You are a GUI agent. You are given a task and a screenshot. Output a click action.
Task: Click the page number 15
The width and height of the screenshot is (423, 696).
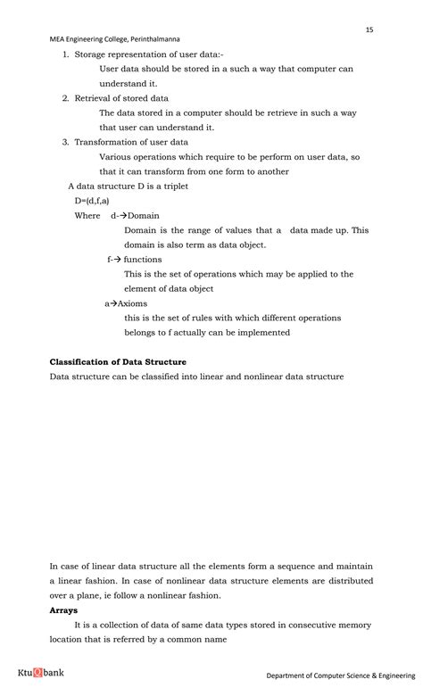(369, 29)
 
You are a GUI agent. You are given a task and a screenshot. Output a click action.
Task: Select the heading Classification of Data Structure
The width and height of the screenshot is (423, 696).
(118, 361)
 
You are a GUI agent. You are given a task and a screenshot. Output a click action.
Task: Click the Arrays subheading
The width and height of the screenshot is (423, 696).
(63, 610)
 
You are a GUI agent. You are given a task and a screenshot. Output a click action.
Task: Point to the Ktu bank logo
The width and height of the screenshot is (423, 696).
(41, 672)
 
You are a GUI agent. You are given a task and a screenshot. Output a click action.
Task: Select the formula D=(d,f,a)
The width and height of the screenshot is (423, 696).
(92, 201)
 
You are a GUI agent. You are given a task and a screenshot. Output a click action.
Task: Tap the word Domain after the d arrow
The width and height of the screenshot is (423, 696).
(144, 215)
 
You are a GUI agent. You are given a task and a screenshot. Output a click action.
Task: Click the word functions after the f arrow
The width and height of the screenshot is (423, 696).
(143, 260)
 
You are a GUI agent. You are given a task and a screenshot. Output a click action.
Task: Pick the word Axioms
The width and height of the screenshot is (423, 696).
(133, 303)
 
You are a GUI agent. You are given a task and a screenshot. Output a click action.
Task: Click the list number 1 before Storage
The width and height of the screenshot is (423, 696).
(65, 54)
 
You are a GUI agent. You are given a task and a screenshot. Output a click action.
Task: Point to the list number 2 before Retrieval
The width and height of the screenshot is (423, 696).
(65, 98)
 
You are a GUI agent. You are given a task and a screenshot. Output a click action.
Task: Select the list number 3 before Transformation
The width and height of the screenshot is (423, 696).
(65, 142)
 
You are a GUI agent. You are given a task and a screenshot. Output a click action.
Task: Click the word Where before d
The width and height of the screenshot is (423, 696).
(87, 215)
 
